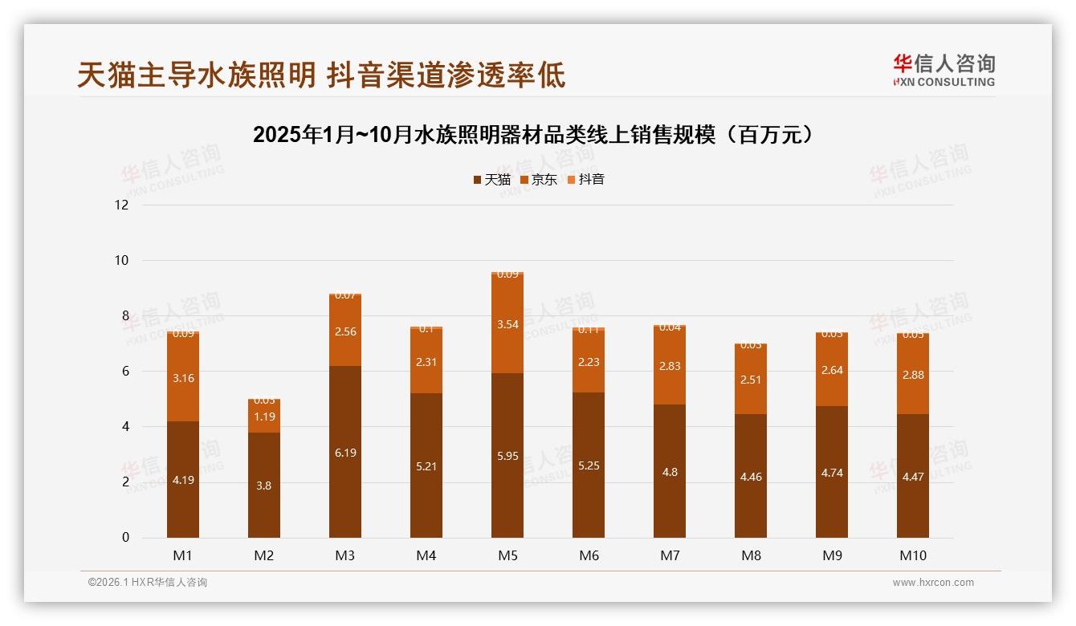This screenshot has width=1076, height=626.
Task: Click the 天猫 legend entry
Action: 491,180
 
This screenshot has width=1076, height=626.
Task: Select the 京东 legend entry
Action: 538,180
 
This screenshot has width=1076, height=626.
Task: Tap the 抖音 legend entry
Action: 585,180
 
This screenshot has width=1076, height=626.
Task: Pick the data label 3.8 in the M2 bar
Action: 264,486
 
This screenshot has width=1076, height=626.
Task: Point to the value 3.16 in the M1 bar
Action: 183,378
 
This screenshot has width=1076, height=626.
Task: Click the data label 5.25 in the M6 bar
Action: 589,465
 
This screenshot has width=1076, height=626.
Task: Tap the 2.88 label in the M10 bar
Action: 913,375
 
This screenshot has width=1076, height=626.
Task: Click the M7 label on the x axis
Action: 670,555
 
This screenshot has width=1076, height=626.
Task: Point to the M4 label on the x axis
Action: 426,555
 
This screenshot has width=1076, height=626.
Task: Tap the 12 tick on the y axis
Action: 121,205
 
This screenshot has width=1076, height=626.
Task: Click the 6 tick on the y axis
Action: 124,371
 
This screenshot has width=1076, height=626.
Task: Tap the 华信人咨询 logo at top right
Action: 944,70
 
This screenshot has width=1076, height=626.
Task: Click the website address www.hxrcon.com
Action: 933,583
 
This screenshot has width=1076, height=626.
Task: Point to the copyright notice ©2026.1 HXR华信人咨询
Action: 148,583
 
